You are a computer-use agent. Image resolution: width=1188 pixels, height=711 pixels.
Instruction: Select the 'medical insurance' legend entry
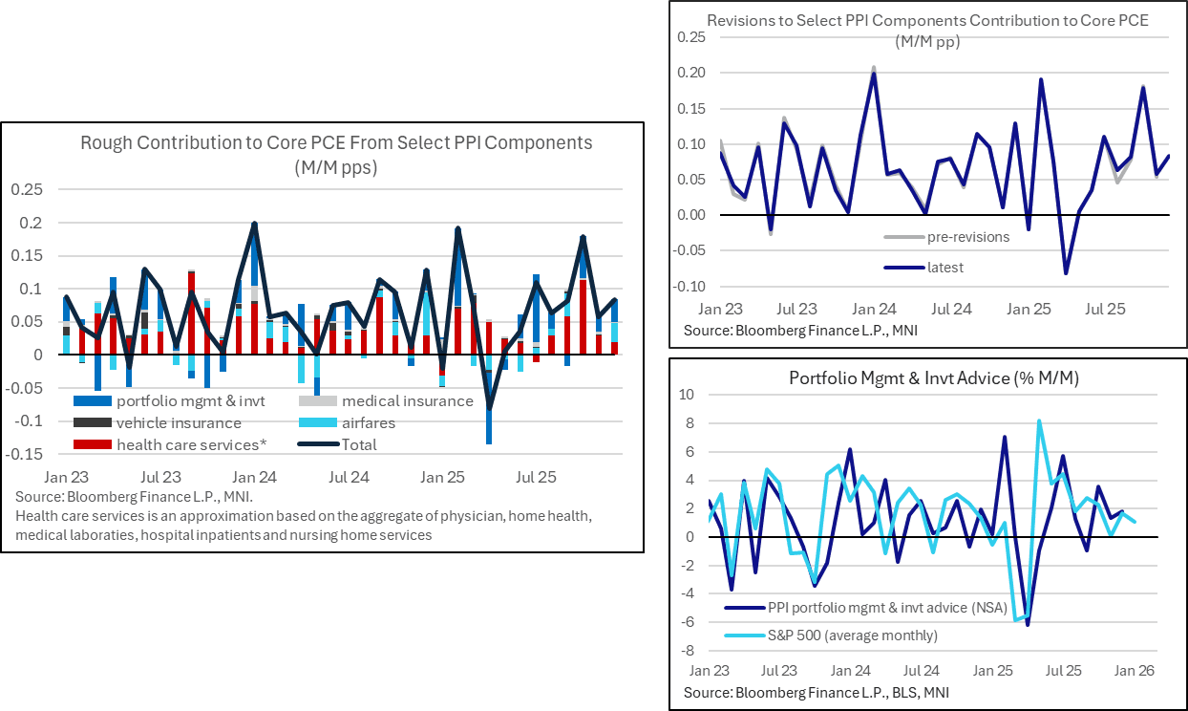point(407,401)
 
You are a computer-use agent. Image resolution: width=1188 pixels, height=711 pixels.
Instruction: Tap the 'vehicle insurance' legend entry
point(179,422)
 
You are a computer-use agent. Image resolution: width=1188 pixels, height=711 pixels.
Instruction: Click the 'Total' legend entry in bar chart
point(358,444)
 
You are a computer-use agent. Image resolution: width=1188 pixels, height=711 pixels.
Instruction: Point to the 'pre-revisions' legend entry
point(967,237)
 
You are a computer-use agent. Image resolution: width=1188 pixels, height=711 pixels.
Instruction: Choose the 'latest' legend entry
point(944,268)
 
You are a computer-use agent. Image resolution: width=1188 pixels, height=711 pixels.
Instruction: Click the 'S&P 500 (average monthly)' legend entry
point(852,635)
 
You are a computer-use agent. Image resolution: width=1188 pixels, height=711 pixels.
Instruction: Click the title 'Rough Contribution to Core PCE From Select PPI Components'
point(336,143)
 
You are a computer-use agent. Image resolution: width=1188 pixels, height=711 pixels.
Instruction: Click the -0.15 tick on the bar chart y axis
point(31,454)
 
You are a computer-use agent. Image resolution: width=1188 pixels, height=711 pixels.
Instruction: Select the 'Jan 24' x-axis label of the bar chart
point(254,476)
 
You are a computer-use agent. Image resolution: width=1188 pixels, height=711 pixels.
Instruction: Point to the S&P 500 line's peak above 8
point(1038,420)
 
